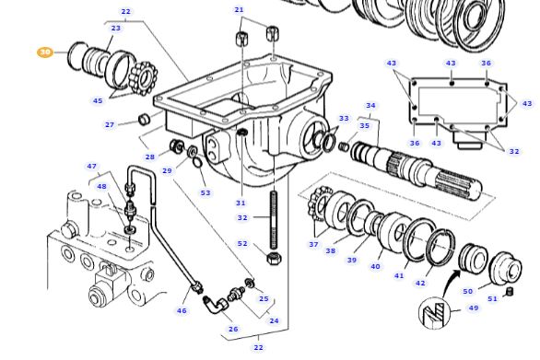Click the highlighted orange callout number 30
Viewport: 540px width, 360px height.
(x=45, y=52)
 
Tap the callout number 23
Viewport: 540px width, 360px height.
(x=115, y=29)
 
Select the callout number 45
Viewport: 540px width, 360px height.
(x=98, y=101)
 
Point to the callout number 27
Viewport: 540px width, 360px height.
(x=110, y=124)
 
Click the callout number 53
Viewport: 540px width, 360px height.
(x=205, y=192)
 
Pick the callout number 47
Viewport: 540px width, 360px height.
(x=91, y=167)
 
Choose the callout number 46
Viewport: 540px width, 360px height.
(x=182, y=311)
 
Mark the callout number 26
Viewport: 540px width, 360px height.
(x=233, y=329)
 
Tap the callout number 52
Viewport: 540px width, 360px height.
(x=242, y=244)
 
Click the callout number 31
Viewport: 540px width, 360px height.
(x=241, y=203)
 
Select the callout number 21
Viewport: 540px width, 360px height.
(x=240, y=10)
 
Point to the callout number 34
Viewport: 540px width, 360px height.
(x=370, y=106)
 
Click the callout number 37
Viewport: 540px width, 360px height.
(x=313, y=244)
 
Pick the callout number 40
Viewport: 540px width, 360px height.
(x=375, y=267)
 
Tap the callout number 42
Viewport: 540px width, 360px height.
(x=420, y=284)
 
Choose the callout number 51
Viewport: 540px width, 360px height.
(x=492, y=298)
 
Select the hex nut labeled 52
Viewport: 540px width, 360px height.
(x=274, y=258)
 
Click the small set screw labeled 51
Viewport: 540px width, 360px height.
(x=510, y=292)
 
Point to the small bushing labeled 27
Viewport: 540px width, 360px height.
(x=145, y=120)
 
